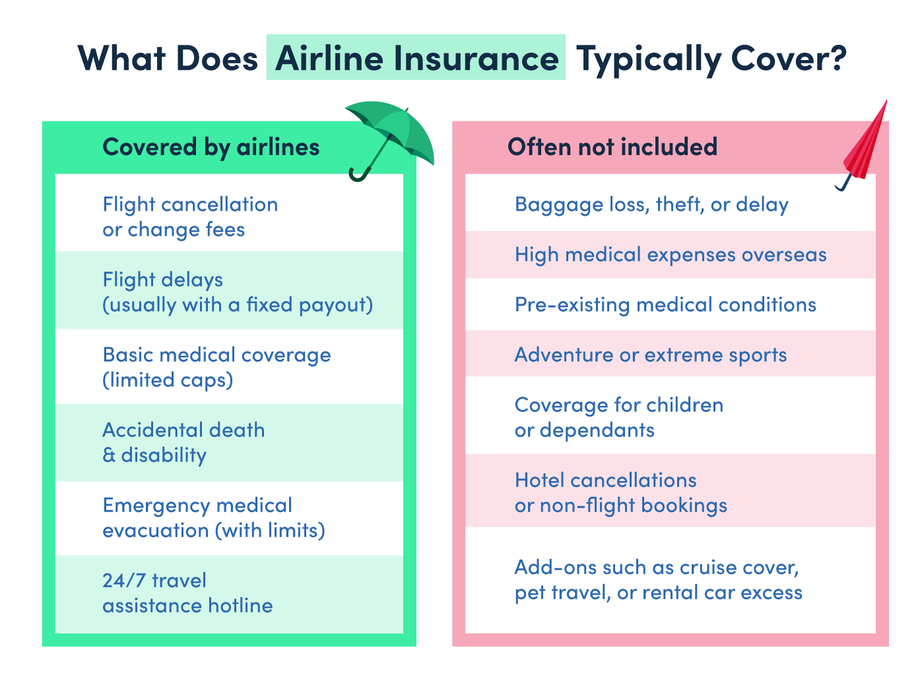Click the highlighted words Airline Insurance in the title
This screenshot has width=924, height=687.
click(416, 58)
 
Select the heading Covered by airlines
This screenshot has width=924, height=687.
click(211, 147)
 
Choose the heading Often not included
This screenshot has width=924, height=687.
click(612, 147)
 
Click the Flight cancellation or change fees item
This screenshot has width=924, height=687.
click(190, 216)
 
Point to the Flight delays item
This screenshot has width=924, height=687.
click(238, 292)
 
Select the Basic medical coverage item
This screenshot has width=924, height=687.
click(216, 367)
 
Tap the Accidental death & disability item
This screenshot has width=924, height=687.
click(183, 442)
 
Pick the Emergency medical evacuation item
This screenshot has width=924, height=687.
click(213, 517)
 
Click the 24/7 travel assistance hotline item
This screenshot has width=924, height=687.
click(187, 593)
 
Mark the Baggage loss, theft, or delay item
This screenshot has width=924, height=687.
click(651, 205)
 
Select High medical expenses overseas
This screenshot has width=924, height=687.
click(671, 255)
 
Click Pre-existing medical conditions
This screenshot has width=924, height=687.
click(665, 305)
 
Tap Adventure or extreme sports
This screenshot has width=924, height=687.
click(651, 355)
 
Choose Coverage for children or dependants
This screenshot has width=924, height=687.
click(619, 417)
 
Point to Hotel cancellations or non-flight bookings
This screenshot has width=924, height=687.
click(620, 492)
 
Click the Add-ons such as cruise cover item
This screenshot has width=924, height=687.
click(658, 579)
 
